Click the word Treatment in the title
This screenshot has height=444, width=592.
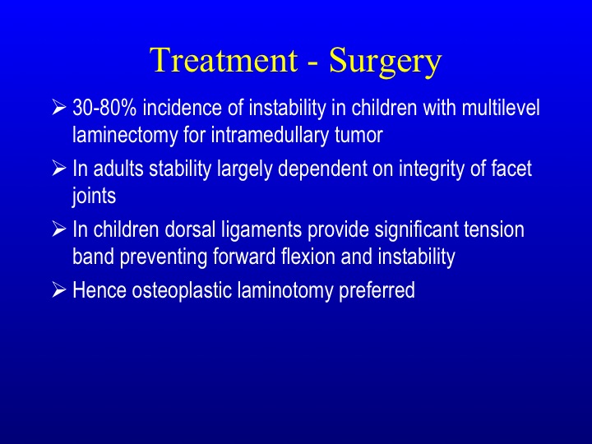click(x=224, y=60)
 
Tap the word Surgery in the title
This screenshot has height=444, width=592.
click(x=385, y=62)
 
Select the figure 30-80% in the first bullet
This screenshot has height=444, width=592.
click(x=104, y=108)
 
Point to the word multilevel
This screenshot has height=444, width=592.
click(x=501, y=108)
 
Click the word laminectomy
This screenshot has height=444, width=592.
click(x=125, y=135)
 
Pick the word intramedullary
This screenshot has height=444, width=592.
click(x=270, y=135)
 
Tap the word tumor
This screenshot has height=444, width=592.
click(x=358, y=136)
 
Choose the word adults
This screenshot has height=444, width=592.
click(x=118, y=169)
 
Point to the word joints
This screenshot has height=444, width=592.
click(x=94, y=197)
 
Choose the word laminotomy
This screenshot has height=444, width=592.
click(x=285, y=291)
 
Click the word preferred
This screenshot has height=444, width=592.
click(x=377, y=291)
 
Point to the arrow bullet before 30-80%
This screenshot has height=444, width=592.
click(x=59, y=107)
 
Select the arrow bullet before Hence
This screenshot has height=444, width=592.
click(x=59, y=289)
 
